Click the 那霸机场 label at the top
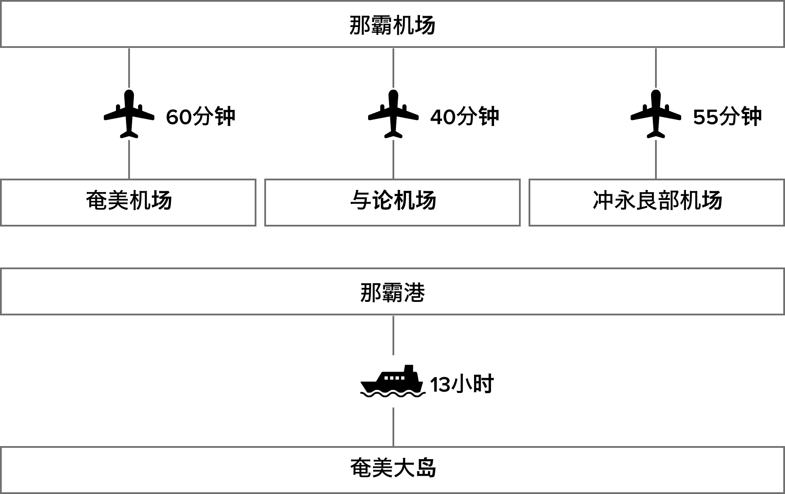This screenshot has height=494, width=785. tap(392, 25)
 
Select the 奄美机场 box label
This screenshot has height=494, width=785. tap(129, 201)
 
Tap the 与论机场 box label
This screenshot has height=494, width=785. tap(393, 201)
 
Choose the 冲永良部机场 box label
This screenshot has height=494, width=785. tap(657, 201)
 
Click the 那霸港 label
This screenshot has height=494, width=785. tap(392, 293)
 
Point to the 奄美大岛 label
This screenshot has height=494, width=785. tap(392, 468)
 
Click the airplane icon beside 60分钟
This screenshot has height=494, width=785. tap(129, 114)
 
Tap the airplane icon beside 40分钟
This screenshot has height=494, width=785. tap(393, 114)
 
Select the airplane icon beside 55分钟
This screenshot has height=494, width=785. tap(656, 114)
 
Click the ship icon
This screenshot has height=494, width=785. tap(393, 381)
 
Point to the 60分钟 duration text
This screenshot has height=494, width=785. tap(201, 117)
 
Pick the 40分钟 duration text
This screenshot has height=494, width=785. tap(465, 117)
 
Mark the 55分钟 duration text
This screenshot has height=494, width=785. tap(727, 117)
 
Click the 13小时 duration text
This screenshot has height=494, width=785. tap(462, 384)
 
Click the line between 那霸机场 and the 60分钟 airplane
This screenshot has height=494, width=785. tap(129, 68)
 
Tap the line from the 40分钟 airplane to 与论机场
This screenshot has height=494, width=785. tap(393, 159)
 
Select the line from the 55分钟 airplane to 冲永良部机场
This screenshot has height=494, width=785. tap(656, 159)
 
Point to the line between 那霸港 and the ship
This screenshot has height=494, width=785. tap(393, 335)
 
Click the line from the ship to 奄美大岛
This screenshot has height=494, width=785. tap(393, 427)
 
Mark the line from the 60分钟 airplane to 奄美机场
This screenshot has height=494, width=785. tap(129, 159)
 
